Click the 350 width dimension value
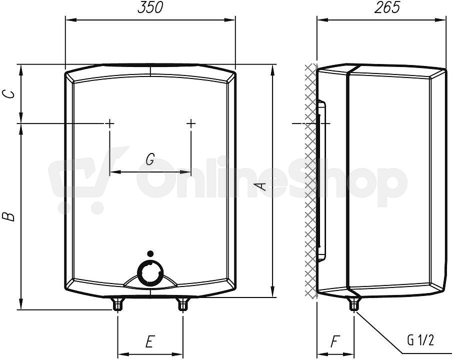[150, 7]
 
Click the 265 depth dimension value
[387, 7]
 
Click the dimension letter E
[149, 341]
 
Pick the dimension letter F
[335, 341]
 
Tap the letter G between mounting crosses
[150, 159]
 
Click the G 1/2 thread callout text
[420, 340]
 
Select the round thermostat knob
[150, 272]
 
